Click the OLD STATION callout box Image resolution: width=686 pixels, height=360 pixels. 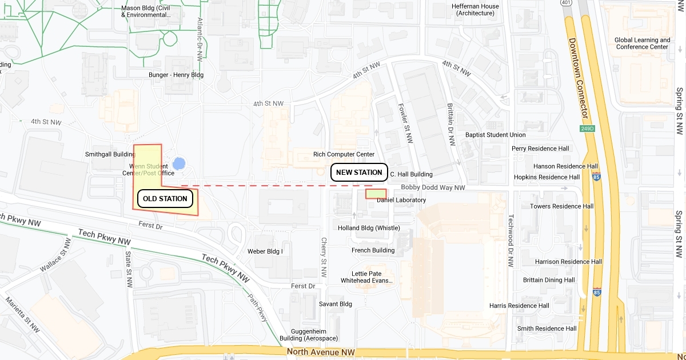(165, 199)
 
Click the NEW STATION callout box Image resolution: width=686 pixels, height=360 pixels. (359, 173)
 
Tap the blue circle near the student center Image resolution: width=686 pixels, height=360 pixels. (179, 164)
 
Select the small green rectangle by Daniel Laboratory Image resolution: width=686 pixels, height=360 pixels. (376, 194)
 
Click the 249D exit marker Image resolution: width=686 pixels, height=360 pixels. (588, 129)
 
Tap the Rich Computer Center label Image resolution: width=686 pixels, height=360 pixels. (344, 154)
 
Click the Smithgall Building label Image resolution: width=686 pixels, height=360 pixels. (110, 154)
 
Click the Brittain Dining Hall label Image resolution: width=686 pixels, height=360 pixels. (549, 280)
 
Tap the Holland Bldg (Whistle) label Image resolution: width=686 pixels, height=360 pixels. (377, 228)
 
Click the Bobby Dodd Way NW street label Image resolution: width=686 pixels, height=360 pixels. (433, 187)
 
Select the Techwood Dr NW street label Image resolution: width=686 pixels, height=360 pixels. (510, 241)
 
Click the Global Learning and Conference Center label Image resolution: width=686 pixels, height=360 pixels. (642, 43)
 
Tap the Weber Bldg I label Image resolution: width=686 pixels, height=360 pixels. (265, 251)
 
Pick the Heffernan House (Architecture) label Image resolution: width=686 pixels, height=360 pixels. (474, 10)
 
